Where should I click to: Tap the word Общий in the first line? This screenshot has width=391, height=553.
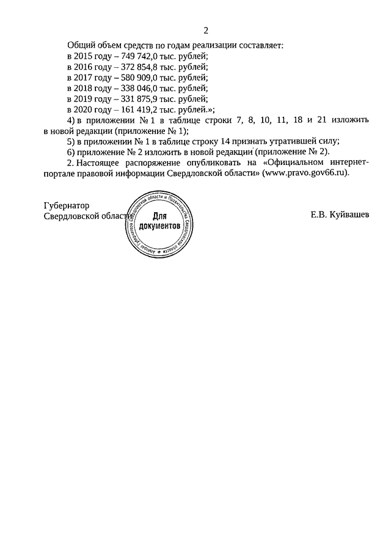pyautogui.click(x=81, y=45)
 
